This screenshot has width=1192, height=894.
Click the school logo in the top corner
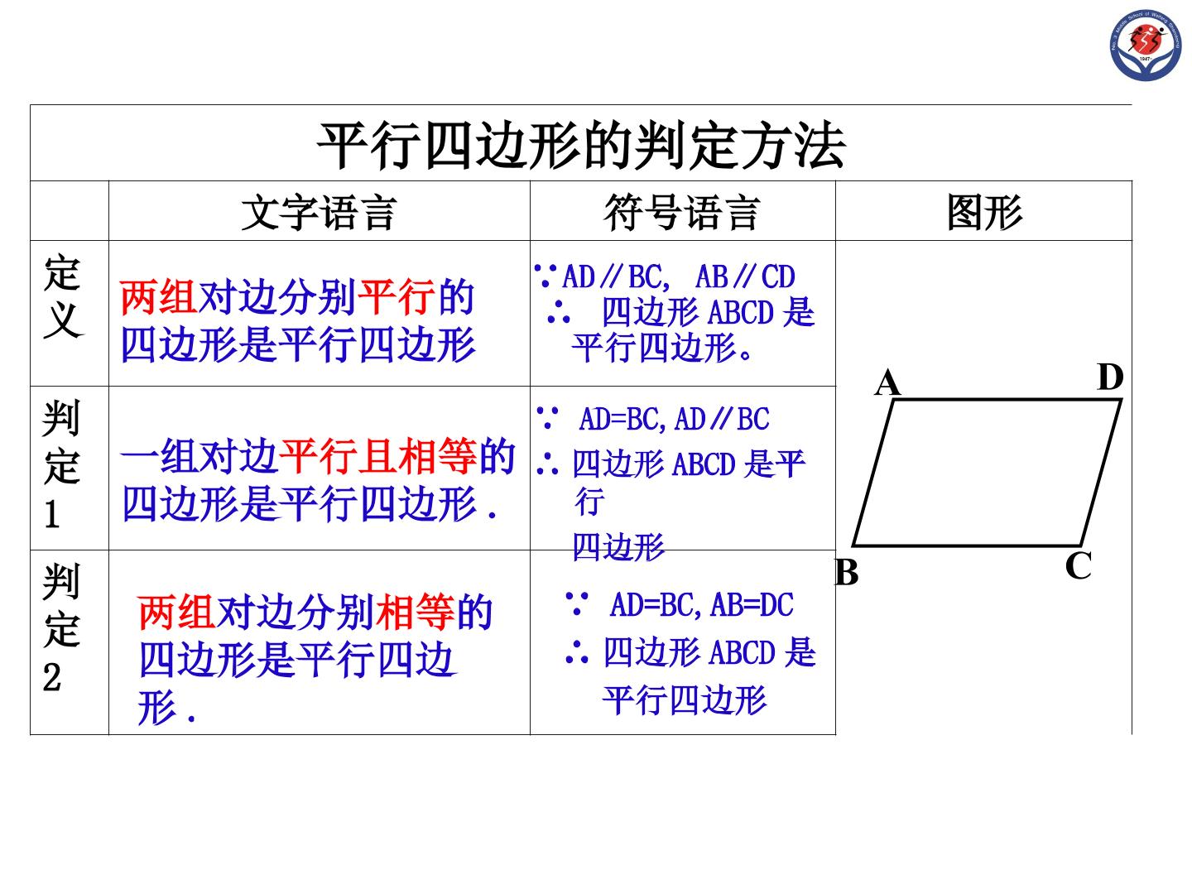[1145, 46]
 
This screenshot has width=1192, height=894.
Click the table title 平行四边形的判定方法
[581, 146]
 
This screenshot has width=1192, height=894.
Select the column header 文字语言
[320, 212]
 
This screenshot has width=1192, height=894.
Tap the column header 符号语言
[681, 212]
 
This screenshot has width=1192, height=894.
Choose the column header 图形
[984, 212]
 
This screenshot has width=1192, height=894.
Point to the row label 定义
[64, 296]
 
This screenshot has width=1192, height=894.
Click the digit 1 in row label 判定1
[52, 514]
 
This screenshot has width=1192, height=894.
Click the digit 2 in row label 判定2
[52, 677]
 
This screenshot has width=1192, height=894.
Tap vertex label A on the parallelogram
[887, 382]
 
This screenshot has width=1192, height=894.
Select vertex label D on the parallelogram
[1109, 377]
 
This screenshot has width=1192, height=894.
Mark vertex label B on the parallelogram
[847, 572]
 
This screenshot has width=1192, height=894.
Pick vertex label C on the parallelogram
[1078, 566]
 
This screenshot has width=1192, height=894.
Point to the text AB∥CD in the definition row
[745, 276]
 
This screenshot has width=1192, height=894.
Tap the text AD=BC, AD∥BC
[674, 419]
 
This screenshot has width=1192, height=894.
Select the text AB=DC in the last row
[752, 604]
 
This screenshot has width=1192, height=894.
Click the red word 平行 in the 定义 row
[397, 297]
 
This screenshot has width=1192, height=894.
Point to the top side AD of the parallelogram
[1007, 400]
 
